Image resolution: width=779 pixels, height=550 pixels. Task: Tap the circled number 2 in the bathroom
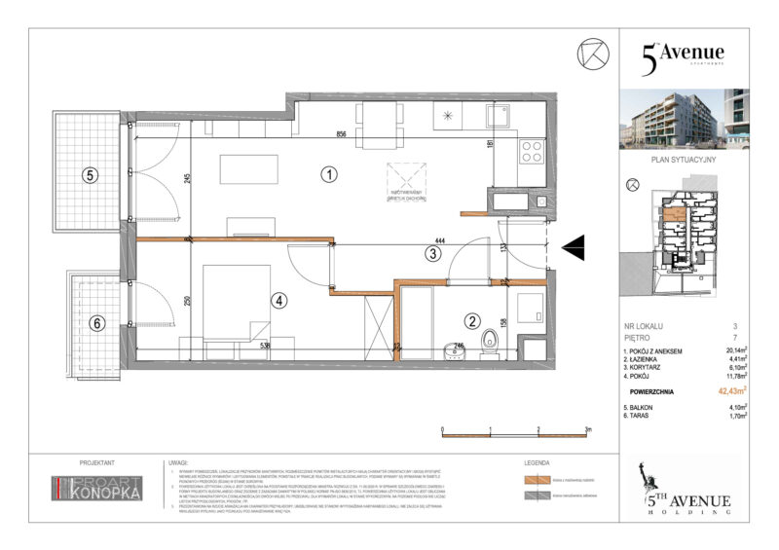point(471,321)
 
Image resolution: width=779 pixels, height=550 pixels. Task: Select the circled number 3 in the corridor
point(432,255)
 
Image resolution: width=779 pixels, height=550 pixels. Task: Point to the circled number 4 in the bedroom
point(279,301)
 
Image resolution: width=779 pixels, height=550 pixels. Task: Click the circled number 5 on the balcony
point(90,176)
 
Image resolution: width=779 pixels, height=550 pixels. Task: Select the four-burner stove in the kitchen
point(532,151)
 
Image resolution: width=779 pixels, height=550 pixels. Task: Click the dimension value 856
point(342,133)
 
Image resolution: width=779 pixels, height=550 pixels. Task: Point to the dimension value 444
point(441,240)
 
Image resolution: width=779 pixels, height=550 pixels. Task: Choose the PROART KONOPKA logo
point(97,489)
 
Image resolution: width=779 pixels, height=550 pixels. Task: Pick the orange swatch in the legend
point(536,481)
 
